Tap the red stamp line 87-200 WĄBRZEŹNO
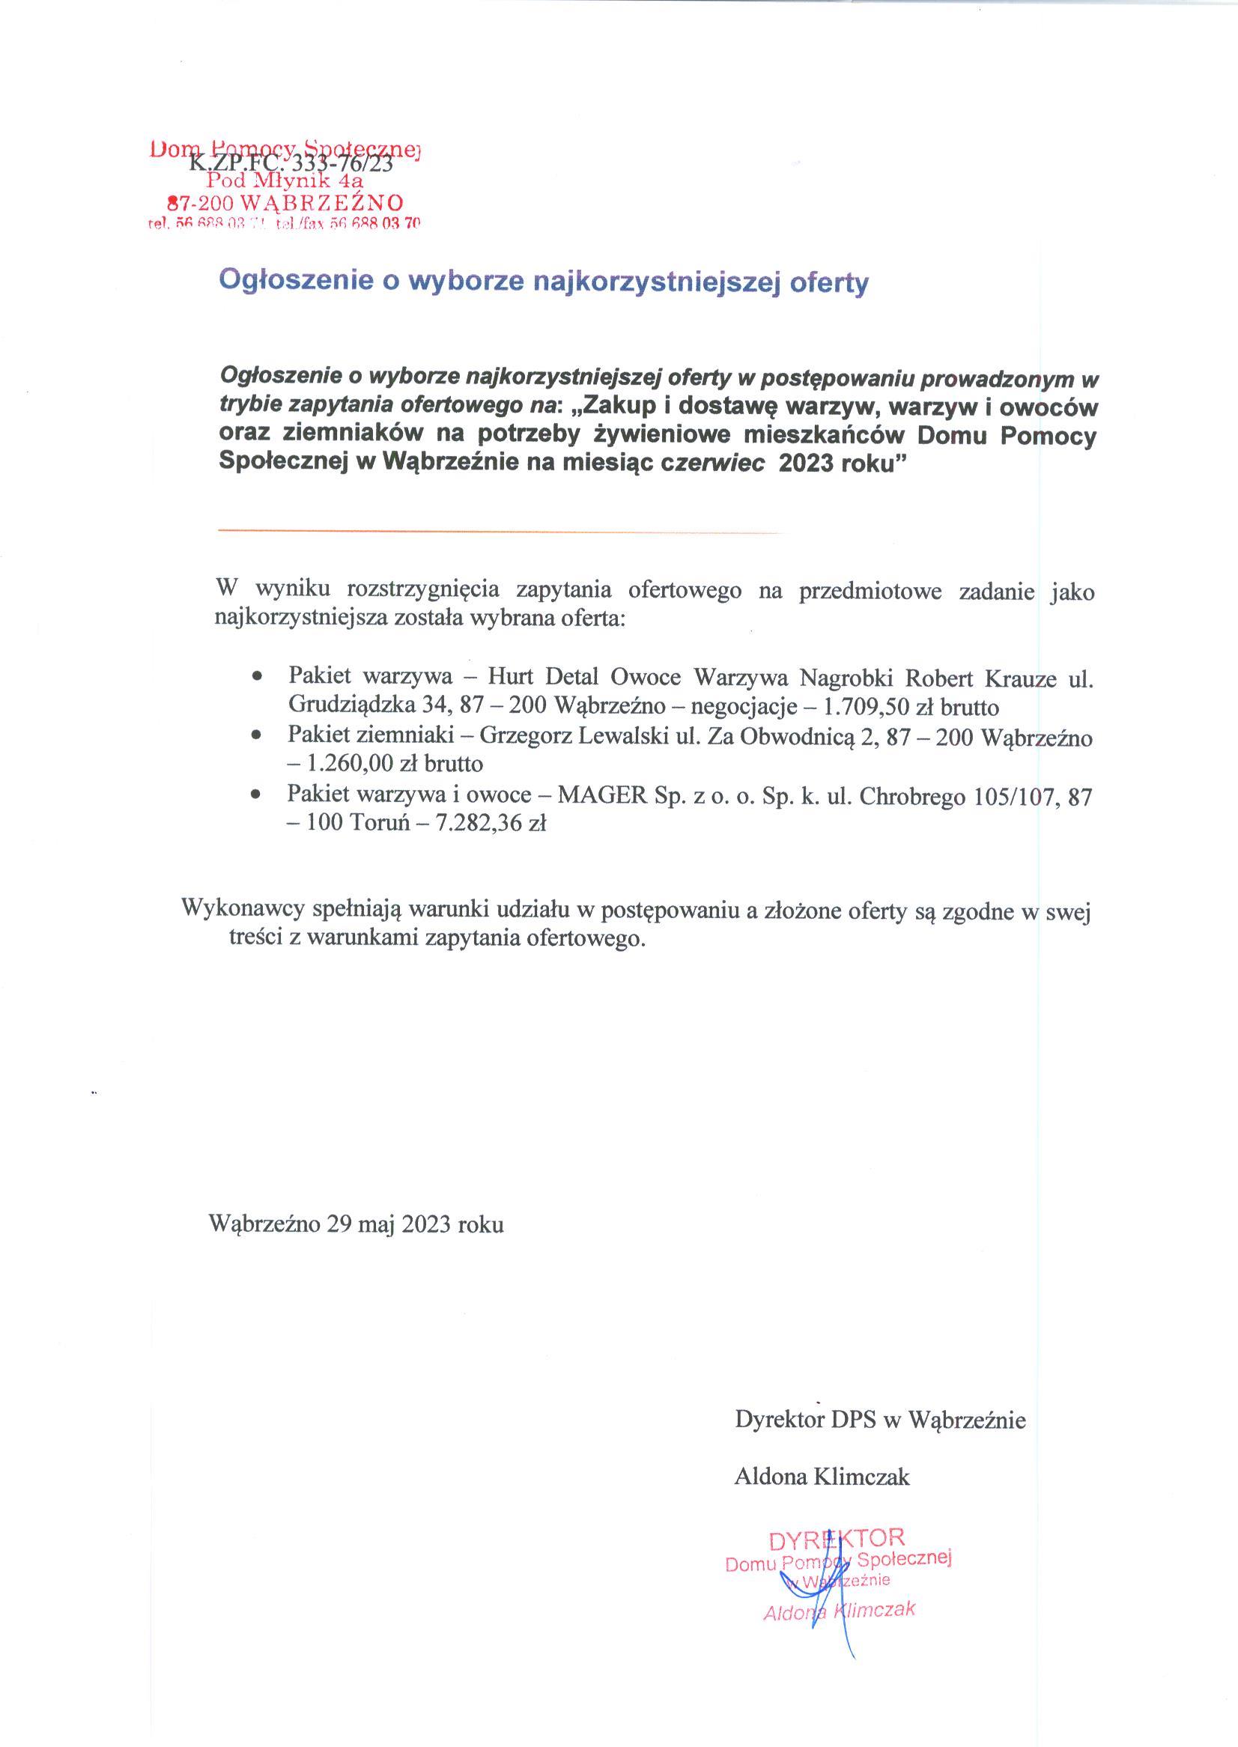point(285,203)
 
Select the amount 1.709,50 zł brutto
point(911,708)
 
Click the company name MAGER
point(602,795)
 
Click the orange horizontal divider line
point(500,530)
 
